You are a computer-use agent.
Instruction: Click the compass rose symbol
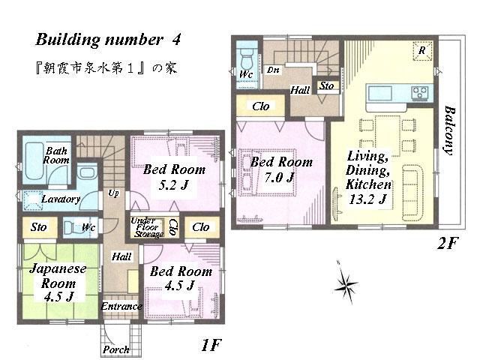point(346,283)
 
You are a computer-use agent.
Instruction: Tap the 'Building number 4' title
point(107,38)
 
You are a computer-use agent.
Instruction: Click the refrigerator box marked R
point(423,50)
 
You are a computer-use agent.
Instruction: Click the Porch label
point(116,349)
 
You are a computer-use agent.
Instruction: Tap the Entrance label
point(121,306)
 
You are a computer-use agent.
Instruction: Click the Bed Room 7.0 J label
point(281,169)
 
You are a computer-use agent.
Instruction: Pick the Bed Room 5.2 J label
point(174,175)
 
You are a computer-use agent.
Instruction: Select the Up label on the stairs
point(113,193)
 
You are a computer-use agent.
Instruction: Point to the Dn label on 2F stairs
point(273,70)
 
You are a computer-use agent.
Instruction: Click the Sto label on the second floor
point(326,86)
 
